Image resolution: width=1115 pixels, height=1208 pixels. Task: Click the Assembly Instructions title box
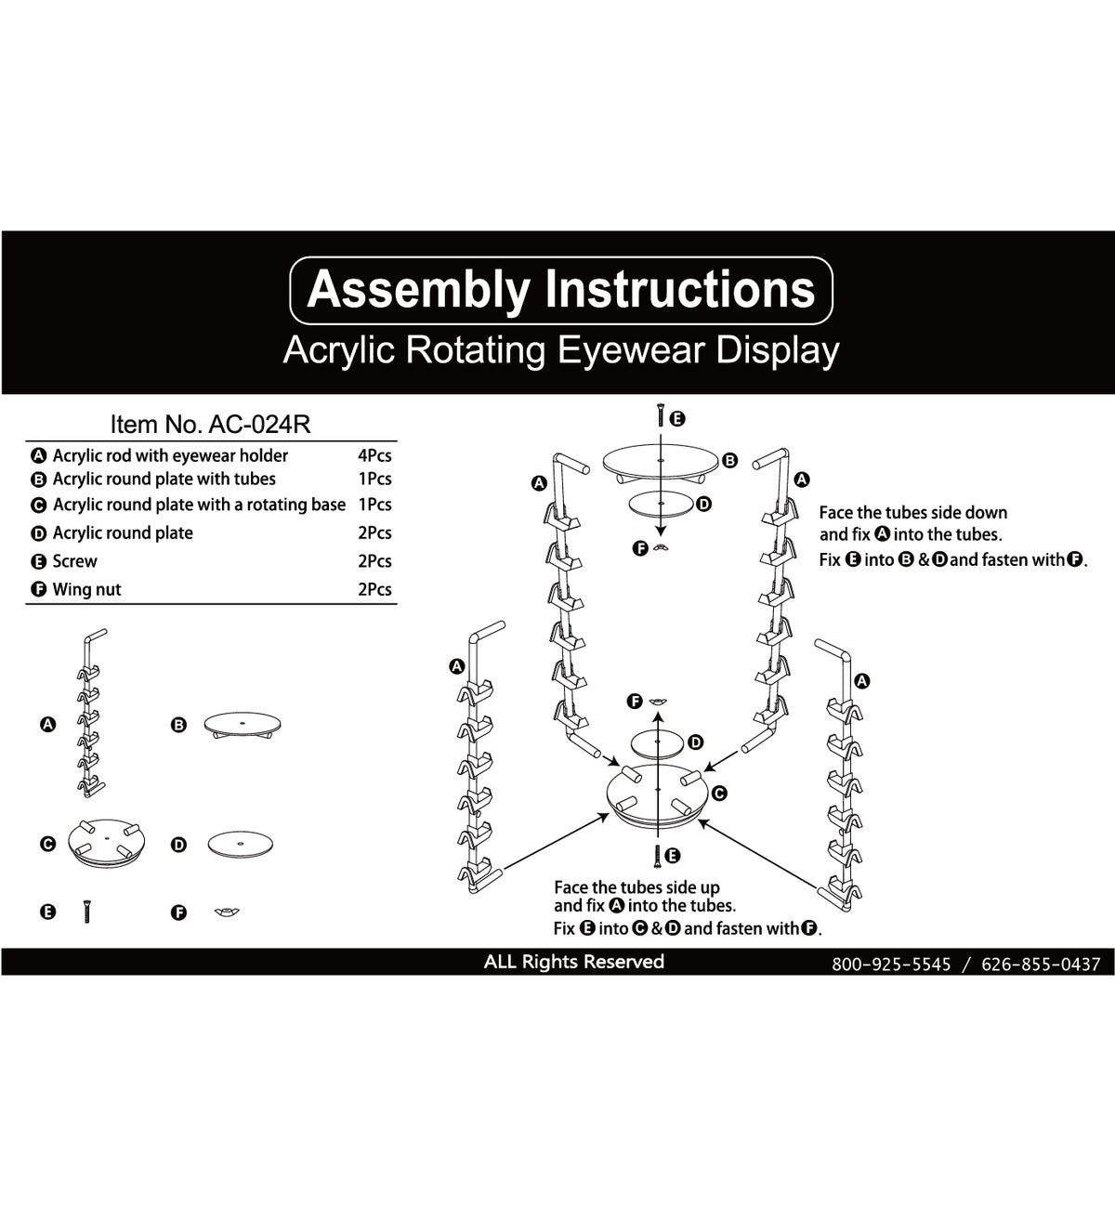click(561, 289)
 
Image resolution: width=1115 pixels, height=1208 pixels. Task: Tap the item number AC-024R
click(210, 425)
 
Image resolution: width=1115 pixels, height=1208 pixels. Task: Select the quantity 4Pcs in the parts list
click(374, 455)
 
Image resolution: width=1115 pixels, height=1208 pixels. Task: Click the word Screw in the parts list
click(74, 561)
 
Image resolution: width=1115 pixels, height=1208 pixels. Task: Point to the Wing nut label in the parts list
click(86, 589)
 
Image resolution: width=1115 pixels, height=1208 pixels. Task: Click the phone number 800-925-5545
click(891, 965)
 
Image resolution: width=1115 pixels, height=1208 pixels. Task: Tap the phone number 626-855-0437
click(1041, 965)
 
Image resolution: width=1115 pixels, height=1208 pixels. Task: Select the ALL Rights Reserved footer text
click(573, 962)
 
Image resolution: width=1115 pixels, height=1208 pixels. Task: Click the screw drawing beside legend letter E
click(86, 912)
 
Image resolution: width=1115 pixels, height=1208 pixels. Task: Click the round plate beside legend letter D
click(243, 844)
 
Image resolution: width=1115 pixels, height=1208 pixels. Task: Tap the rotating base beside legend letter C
click(108, 843)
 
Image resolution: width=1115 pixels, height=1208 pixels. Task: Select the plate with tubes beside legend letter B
click(242, 725)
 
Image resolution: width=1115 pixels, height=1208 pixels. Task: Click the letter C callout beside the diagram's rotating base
click(718, 794)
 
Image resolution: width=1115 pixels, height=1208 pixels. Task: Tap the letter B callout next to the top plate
click(730, 460)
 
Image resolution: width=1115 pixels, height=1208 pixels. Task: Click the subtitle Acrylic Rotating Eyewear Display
click(560, 350)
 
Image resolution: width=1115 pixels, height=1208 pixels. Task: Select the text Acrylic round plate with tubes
click(164, 479)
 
